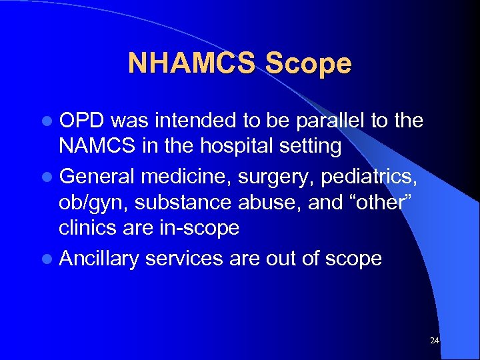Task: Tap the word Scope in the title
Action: (x=308, y=64)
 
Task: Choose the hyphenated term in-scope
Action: (x=198, y=228)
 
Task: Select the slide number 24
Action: (x=435, y=341)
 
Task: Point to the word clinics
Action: (x=88, y=227)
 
